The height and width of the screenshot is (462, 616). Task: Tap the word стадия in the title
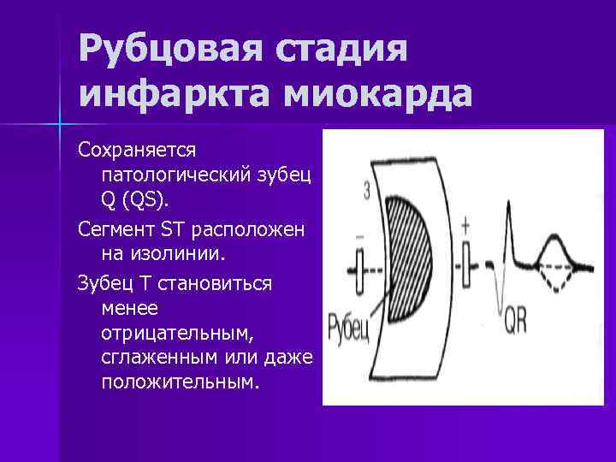pyautogui.click(x=342, y=53)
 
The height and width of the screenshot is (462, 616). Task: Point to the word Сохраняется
pyautogui.click(x=138, y=150)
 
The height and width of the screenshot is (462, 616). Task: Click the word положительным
pyautogui.click(x=178, y=381)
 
